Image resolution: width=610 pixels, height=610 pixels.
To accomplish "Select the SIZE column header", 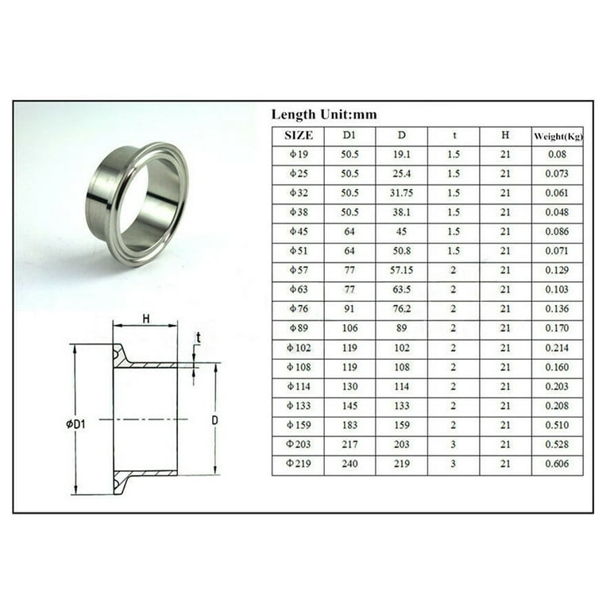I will click(x=298, y=136).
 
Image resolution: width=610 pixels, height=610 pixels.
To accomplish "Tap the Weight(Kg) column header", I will click(x=558, y=136).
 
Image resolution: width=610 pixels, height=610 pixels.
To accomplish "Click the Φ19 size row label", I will click(x=298, y=155).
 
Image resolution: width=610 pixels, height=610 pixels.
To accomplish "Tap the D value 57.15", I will click(x=402, y=271).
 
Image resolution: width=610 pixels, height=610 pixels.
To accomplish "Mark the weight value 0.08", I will click(x=557, y=155).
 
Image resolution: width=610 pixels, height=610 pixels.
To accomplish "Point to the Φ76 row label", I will click(x=298, y=310).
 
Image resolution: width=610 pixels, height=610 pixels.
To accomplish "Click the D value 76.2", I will click(x=402, y=310).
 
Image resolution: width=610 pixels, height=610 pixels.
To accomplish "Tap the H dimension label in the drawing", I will click(x=145, y=318).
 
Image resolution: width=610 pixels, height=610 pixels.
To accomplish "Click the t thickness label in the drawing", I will click(x=198, y=338).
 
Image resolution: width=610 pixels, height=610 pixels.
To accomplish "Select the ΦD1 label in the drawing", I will click(x=75, y=424).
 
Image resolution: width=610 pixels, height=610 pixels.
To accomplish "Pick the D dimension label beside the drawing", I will click(x=214, y=419).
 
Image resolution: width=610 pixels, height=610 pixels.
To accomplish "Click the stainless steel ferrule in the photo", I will click(x=137, y=203).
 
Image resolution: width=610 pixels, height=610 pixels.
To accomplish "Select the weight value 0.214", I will click(x=557, y=349).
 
